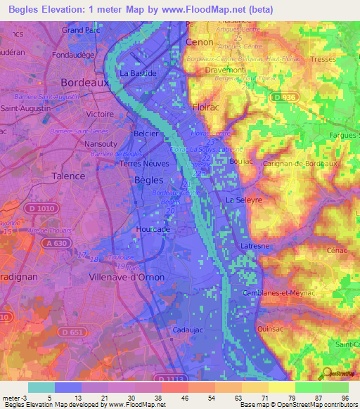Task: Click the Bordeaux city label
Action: [x=85, y=82]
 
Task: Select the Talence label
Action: [x=70, y=176]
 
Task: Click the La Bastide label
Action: [x=137, y=72]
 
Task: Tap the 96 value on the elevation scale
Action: [x=345, y=397]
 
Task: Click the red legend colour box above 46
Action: [x=174, y=387]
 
